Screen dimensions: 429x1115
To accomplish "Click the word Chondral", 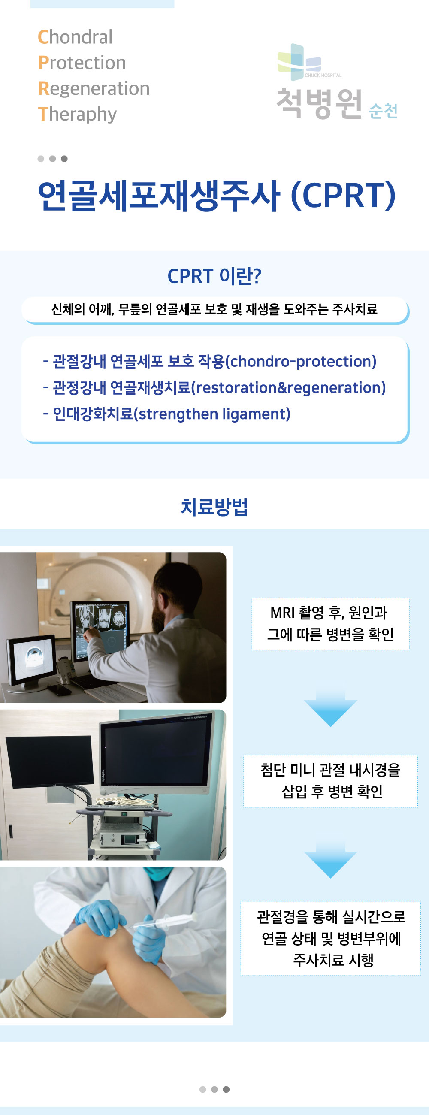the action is [76, 37].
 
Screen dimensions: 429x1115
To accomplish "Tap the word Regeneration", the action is [94, 89].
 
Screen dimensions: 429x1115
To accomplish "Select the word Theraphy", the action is [77, 115].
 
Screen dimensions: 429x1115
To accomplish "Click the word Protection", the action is [82, 63].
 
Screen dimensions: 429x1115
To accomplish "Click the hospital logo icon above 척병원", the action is [299, 62].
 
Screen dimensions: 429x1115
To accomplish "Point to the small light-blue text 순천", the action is [383, 111].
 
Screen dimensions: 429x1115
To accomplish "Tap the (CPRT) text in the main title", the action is [343, 195].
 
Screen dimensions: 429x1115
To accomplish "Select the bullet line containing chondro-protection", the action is [209, 361].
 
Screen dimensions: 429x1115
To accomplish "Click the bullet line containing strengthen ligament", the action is [166, 414].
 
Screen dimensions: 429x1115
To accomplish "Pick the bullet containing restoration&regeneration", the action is [214, 388].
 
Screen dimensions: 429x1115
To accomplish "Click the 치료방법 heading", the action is [214, 507].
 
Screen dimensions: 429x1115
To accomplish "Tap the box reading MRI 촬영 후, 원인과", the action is [330, 624].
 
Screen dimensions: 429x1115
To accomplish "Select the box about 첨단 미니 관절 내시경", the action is [330, 781].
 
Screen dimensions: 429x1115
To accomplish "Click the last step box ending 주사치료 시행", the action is [330, 938].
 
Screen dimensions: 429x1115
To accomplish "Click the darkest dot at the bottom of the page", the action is [226, 1089].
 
